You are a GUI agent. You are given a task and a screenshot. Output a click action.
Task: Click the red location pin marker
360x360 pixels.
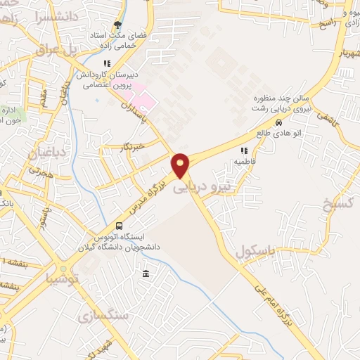pos(181,165)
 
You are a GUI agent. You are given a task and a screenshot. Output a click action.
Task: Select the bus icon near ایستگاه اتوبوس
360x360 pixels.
pos(119,226)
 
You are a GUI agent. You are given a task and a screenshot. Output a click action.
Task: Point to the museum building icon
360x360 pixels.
pos(146,274)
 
